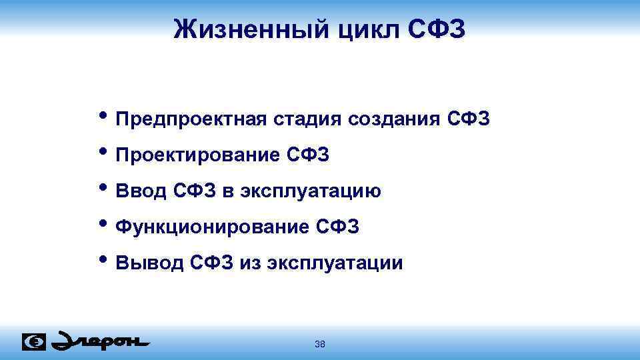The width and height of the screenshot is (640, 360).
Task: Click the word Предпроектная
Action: tap(191, 120)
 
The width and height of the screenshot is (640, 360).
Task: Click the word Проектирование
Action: tap(197, 156)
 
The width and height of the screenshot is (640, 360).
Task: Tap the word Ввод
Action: tap(141, 192)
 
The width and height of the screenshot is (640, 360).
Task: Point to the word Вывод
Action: tap(149, 264)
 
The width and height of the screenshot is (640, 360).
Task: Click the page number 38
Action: tap(319, 344)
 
